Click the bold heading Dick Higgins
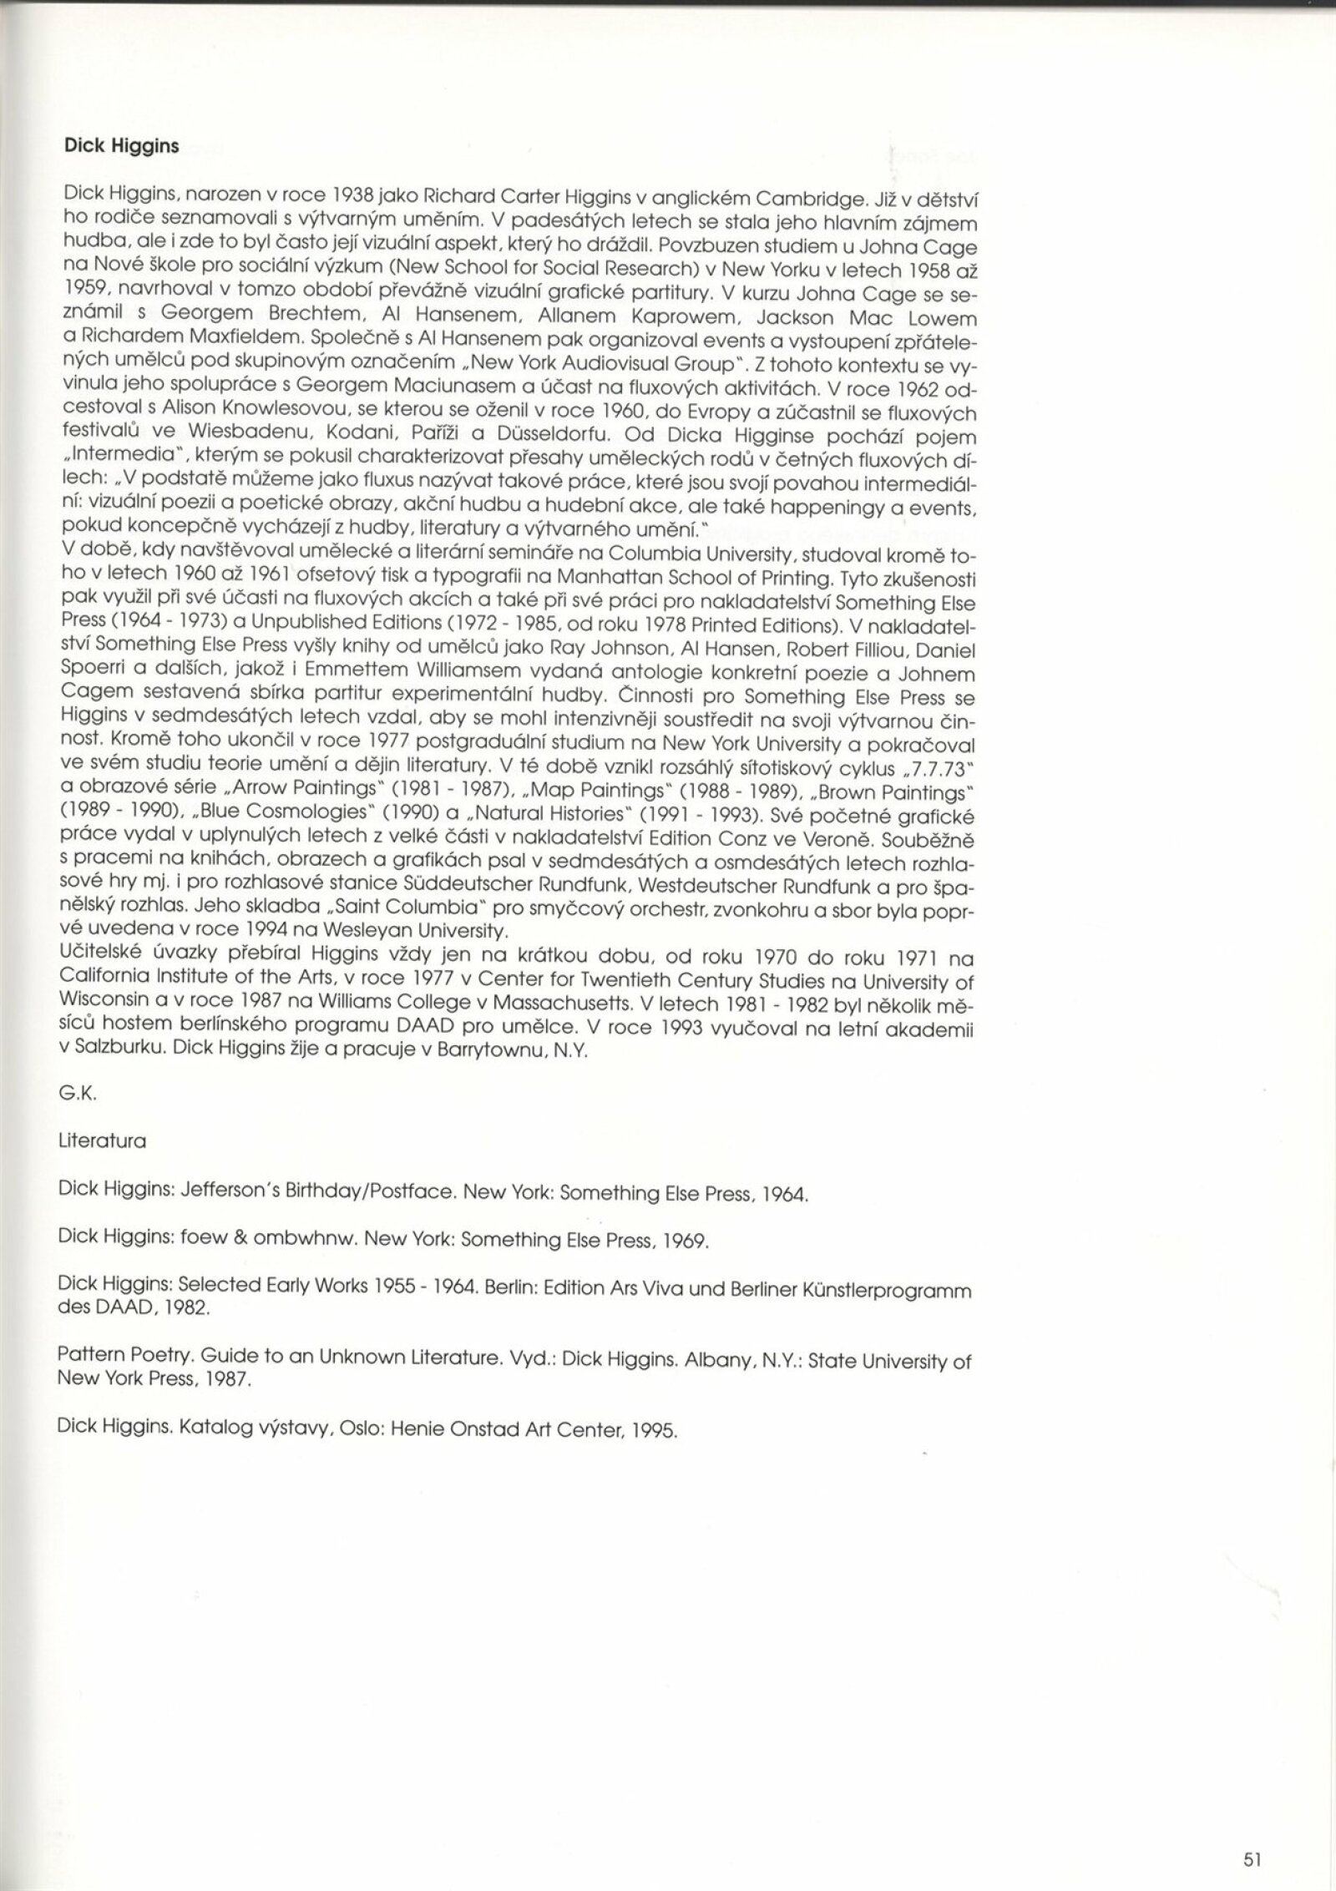coord(121,146)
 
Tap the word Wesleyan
coord(324,929)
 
